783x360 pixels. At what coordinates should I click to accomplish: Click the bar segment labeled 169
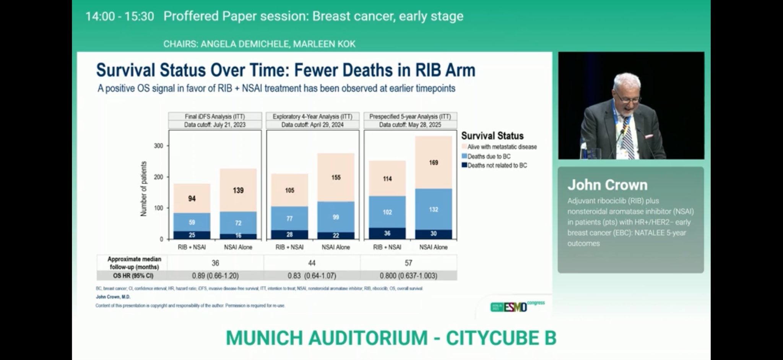point(433,162)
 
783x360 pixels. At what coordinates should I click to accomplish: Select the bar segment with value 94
point(192,198)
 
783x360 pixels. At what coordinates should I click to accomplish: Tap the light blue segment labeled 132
point(433,209)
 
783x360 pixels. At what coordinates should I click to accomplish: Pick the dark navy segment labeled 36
point(387,233)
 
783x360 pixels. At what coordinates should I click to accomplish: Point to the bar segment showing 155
point(336,177)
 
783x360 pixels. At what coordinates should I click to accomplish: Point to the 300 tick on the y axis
point(158,146)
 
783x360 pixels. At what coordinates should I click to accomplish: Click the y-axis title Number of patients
point(144,189)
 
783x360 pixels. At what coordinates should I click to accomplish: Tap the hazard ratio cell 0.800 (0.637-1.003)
point(408,276)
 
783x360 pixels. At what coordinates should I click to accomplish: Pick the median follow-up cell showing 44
point(312,263)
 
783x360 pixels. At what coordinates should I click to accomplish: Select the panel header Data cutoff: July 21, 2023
point(215,125)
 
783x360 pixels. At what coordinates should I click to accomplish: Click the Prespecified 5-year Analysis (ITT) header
point(410,116)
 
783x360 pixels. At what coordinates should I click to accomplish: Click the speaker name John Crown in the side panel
point(607,185)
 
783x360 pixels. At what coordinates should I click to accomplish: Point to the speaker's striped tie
point(627,138)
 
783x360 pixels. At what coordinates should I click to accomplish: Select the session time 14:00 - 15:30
point(120,16)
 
